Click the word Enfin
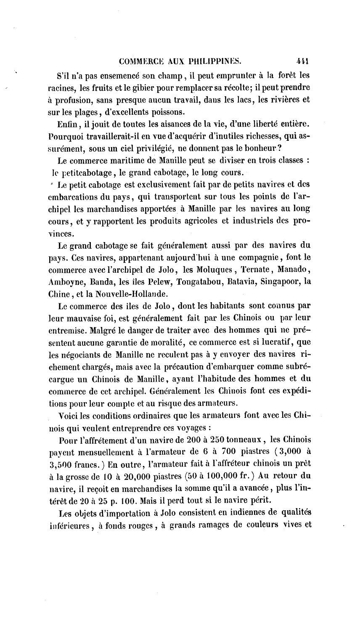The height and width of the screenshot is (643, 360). [67, 124]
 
